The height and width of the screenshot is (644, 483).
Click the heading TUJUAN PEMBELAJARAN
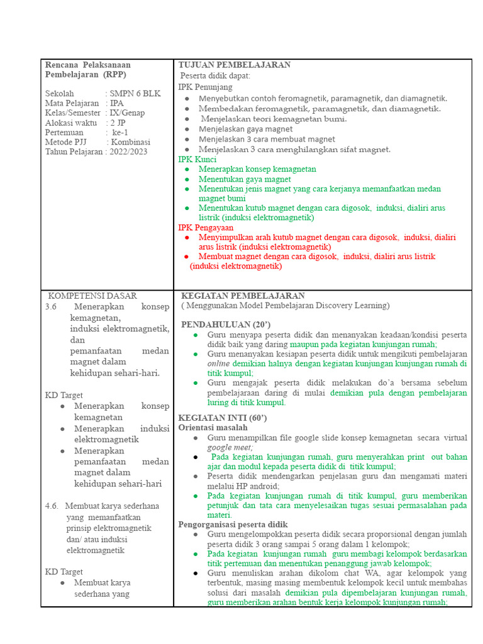pos(234,65)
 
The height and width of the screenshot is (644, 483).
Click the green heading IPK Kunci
pos(197,159)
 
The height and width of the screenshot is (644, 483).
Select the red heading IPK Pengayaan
pos(206,227)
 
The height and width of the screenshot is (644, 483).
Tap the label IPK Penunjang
pos(205,87)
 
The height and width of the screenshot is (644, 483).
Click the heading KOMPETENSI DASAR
pos(92,296)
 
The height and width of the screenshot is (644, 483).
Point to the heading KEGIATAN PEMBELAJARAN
pos(243,296)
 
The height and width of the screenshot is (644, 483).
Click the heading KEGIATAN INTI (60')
pos(223,418)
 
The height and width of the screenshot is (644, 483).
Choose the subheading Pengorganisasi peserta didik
pos(233,525)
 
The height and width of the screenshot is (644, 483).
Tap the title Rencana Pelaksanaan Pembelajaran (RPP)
pos(88,69)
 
